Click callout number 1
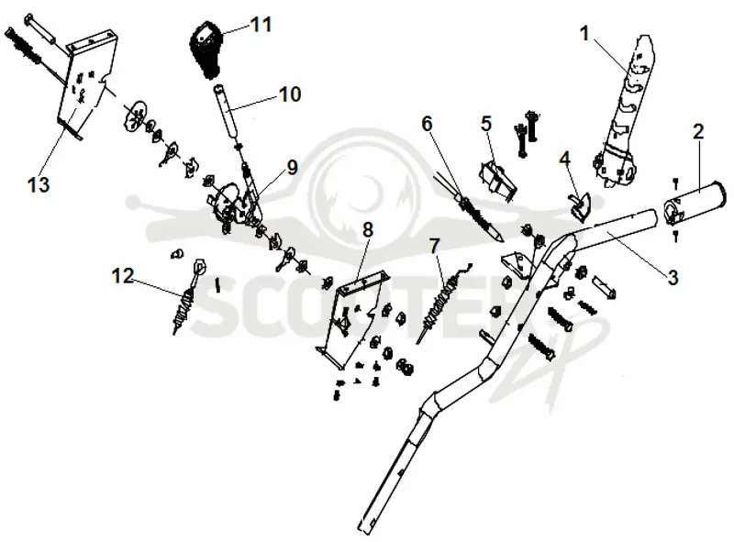[584, 34]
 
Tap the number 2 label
[698, 131]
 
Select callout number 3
[673, 278]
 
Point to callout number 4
[565, 159]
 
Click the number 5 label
[486, 124]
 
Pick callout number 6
[427, 124]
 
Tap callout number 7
[434, 246]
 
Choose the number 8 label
[368, 230]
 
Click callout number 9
[292, 167]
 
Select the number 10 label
[289, 94]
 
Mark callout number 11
[261, 25]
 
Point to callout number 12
[123, 276]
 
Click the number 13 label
[39, 184]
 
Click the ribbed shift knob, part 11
[206, 50]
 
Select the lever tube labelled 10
[226, 110]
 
